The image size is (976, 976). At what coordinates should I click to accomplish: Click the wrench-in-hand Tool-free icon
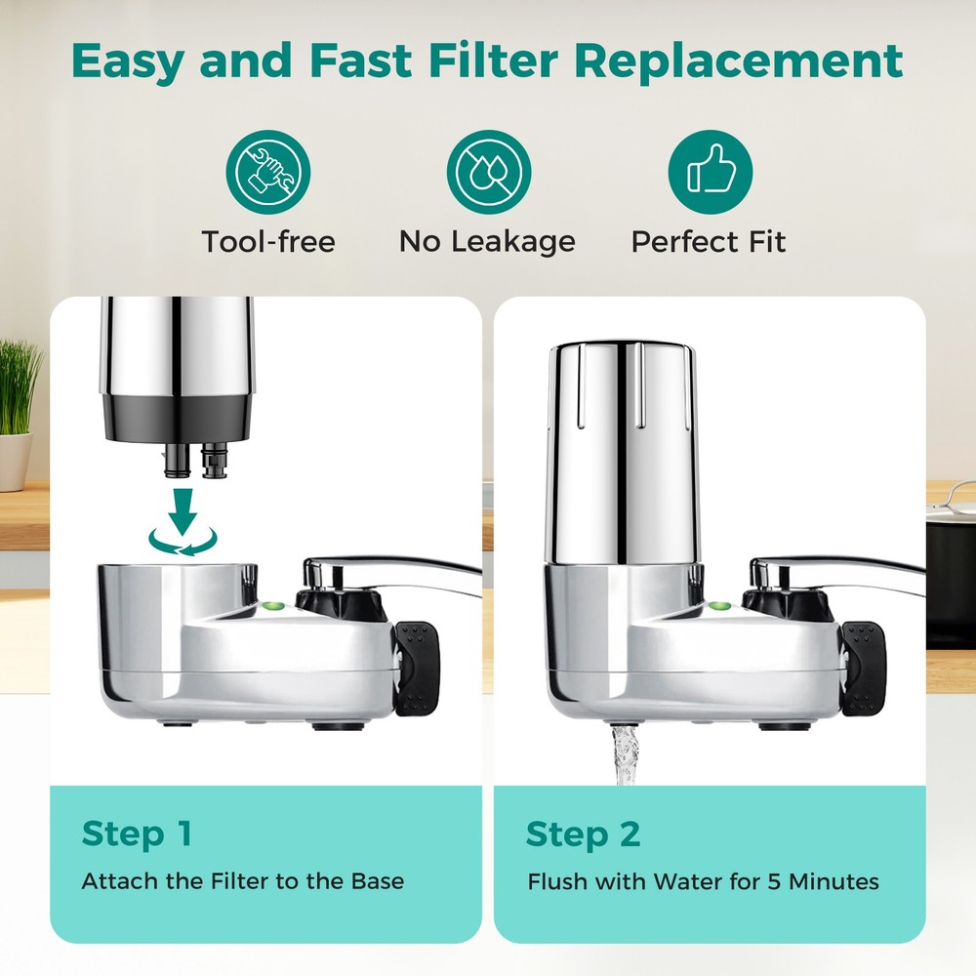267,172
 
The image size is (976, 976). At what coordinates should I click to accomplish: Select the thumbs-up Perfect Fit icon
710,172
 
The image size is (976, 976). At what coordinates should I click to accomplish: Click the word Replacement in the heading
739,61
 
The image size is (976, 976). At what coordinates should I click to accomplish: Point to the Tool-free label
267,241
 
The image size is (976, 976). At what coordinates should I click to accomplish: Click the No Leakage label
487,241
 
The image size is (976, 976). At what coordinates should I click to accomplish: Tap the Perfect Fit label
709,241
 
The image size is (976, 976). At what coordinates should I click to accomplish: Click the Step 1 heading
137,834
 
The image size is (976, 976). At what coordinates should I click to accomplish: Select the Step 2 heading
583,834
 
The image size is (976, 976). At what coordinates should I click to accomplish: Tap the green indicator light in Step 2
719,606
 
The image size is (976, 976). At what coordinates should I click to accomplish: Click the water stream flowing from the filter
625,756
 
